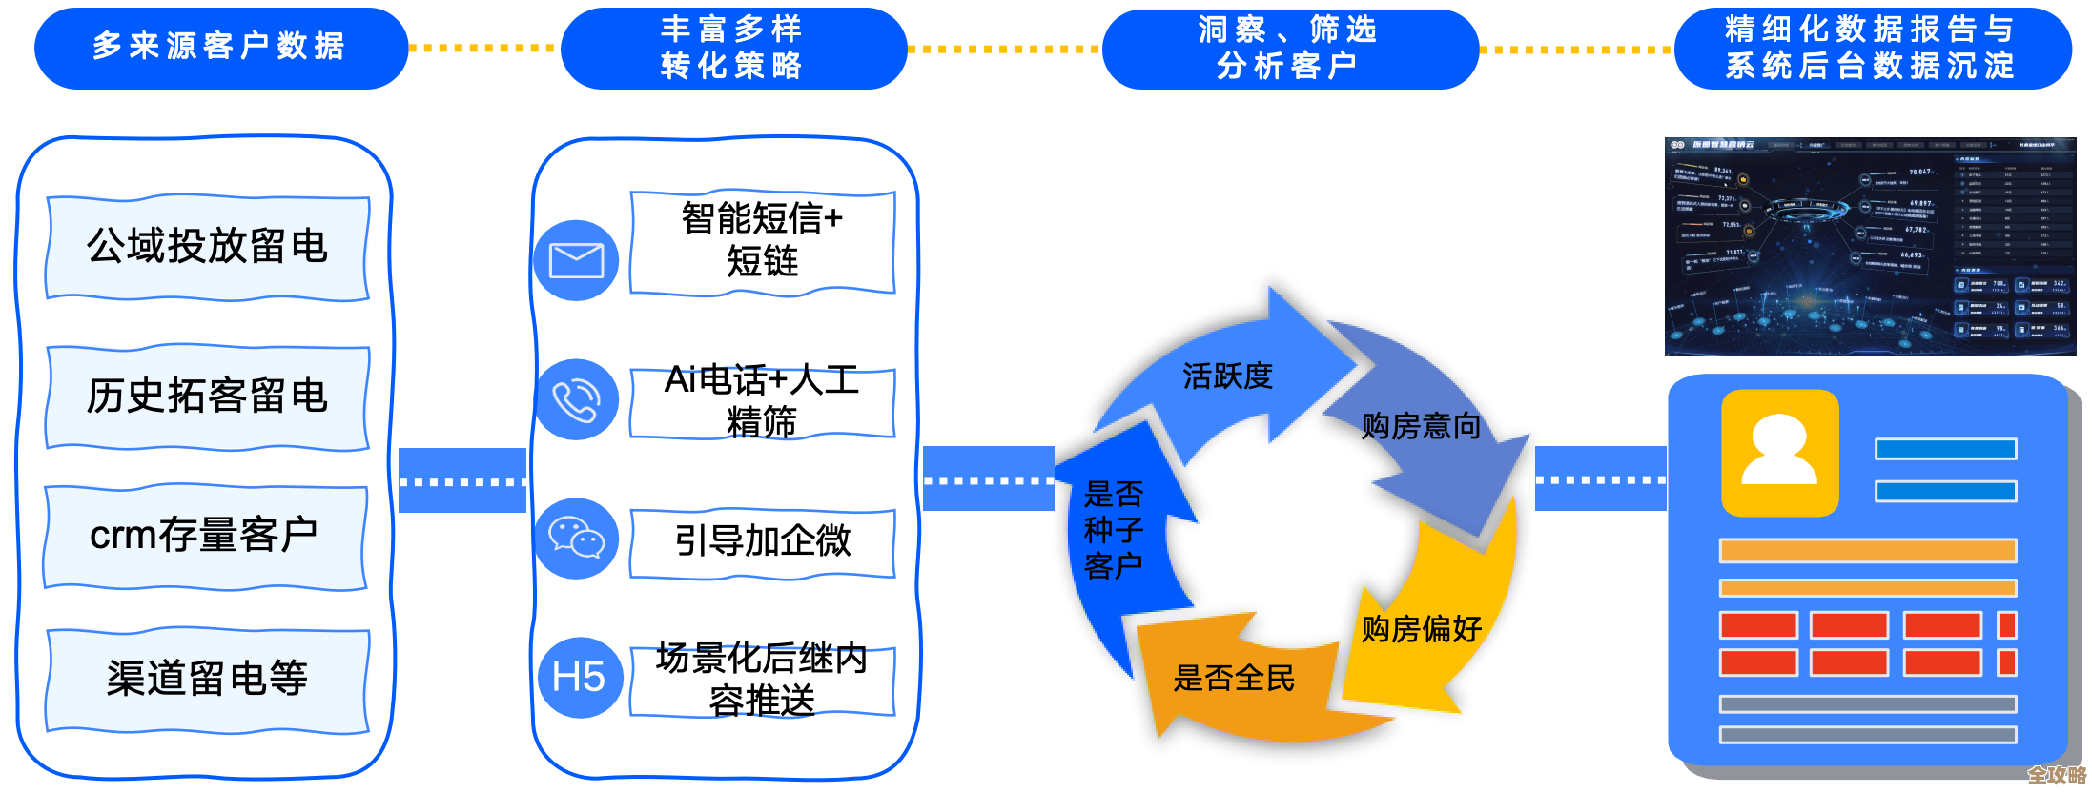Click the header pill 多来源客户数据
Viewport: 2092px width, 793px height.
(x=220, y=48)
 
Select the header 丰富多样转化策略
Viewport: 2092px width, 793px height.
(x=732, y=48)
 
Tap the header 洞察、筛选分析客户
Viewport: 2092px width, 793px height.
(x=1289, y=48)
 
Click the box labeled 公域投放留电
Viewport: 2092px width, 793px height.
(x=208, y=247)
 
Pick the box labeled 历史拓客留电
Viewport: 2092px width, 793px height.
(x=208, y=396)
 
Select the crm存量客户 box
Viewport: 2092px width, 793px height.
(x=205, y=536)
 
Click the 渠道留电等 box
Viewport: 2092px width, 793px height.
(x=208, y=679)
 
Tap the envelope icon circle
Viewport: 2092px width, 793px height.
(x=576, y=260)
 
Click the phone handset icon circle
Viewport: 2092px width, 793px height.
(x=576, y=399)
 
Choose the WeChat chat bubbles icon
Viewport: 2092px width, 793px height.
(x=576, y=539)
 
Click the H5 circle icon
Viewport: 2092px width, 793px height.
(x=579, y=678)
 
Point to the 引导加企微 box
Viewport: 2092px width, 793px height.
(x=763, y=541)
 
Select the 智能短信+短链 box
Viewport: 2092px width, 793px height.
(x=763, y=240)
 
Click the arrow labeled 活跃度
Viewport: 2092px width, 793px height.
(x=1227, y=376)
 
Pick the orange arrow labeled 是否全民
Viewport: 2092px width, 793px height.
(x=1233, y=679)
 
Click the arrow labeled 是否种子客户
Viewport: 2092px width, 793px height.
(x=1114, y=530)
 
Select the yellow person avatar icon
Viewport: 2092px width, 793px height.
(x=1779, y=452)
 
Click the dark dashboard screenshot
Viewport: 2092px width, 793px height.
(x=1869, y=246)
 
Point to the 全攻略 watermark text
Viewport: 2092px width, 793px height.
(x=2057, y=775)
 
